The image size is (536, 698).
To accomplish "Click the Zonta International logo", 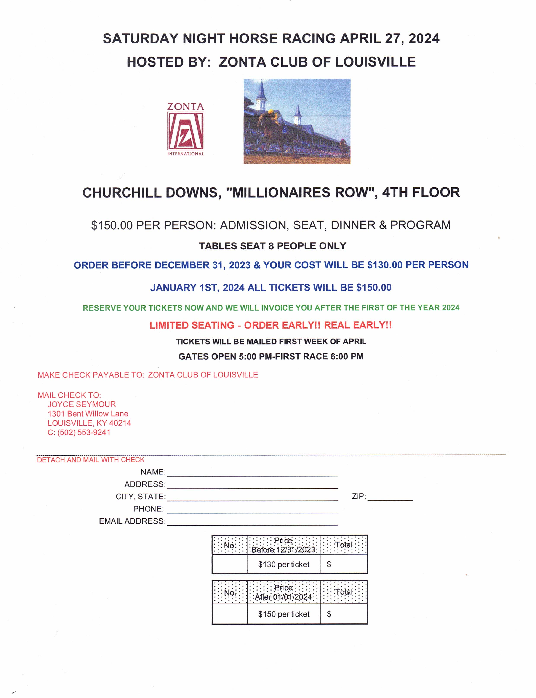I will coord(185,129).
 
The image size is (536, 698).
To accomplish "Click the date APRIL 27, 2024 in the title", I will coord(390,39).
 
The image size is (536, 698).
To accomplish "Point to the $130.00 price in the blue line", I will coord(385,265).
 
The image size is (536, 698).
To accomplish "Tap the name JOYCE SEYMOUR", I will coord(82,404).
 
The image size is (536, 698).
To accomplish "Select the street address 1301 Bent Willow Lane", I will coord(88,414).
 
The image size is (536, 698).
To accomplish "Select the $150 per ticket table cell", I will coord(284,614).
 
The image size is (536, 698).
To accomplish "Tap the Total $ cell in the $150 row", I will coord(344,614).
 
